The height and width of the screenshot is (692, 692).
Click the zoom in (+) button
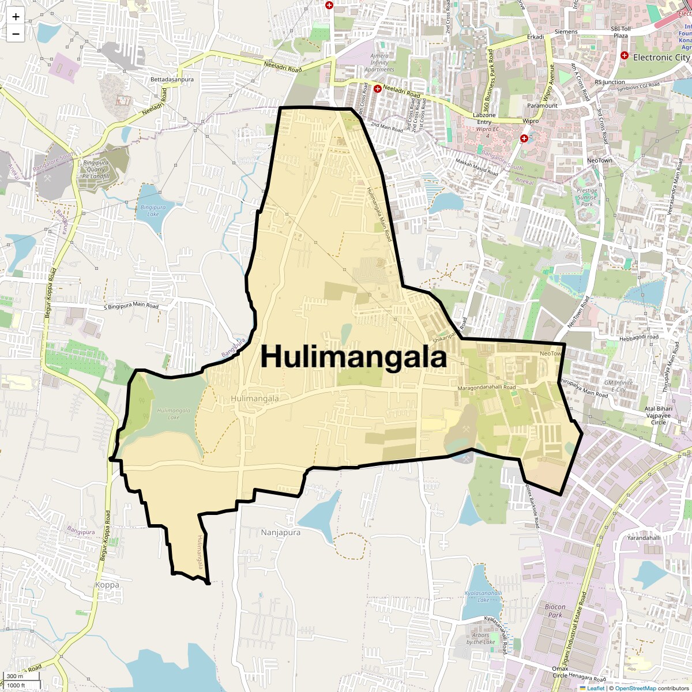pyautogui.click(x=16, y=17)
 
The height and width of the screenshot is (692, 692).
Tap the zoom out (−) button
pyautogui.click(x=16, y=33)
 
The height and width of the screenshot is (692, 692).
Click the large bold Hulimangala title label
pyautogui.click(x=353, y=357)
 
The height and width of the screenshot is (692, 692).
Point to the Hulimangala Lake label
pyautogui.click(x=174, y=413)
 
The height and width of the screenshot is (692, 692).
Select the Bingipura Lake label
pyautogui.click(x=153, y=210)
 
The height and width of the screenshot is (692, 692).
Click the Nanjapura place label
pyautogui.click(x=280, y=532)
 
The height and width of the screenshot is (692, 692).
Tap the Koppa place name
pyautogui.click(x=107, y=585)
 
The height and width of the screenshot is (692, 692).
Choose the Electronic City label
pyautogui.click(x=661, y=57)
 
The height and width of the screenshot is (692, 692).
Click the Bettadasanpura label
pyautogui.click(x=172, y=79)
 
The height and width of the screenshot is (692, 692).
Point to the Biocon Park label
pyautogui.click(x=555, y=611)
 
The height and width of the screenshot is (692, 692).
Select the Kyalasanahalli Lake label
pyautogui.click(x=483, y=596)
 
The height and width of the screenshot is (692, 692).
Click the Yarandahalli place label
pyautogui.click(x=644, y=537)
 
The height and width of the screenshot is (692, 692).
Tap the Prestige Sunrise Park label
pyautogui.click(x=587, y=197)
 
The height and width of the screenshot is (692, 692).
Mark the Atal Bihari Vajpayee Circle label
pyautogui.click(x=658, y=415)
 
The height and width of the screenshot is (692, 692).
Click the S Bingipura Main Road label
pyautogui.click(x=131, y=306)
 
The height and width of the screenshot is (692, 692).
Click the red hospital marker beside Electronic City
pyautogui.click(x=624, y=55)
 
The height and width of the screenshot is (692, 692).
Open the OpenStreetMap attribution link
pyautogui.click(x=635, y=688)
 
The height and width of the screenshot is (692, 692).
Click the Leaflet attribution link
pyautogui.click(x=596, y=688)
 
